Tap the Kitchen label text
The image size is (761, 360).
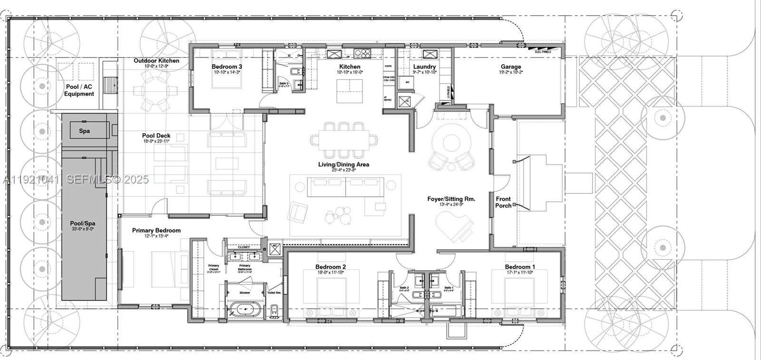pos(350,67)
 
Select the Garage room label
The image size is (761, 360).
pos(511,67)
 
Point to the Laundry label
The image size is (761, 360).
pos(425,67)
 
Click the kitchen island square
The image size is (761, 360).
pos(350,91)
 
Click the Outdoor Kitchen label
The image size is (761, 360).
pos(156,60)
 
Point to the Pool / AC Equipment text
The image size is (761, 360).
pos(79,90)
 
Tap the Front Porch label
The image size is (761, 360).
pos(503,202)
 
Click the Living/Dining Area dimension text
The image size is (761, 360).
pos(344,170)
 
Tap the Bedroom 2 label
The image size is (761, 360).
pos(331,267)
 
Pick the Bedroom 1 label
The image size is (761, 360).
pos(520,267)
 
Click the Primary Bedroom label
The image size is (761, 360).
pos(156,231)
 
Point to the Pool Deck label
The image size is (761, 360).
pos(156,136)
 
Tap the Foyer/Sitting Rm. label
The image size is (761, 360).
pos(451,199)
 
